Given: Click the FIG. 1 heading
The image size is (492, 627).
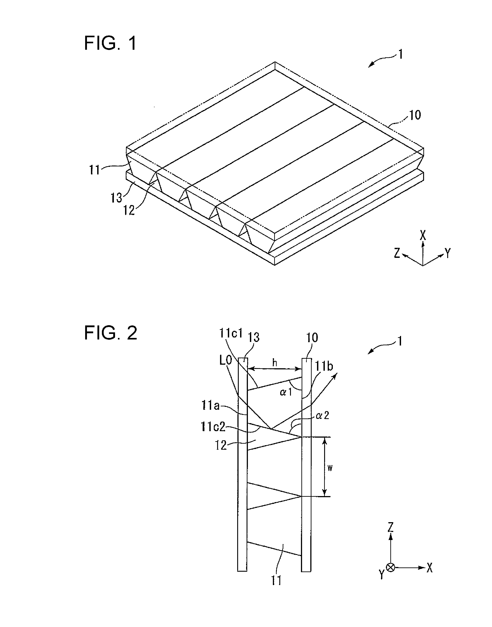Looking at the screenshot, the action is [110, 43].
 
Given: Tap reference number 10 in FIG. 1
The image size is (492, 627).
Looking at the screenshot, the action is [415, 115].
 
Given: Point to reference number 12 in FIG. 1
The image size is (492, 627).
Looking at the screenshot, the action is [129, 211].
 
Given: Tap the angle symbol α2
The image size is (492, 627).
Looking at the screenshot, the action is [322, 416].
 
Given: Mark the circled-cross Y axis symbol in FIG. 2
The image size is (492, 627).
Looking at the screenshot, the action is [391, 567].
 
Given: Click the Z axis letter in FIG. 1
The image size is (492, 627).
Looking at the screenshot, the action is [397, 253].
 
